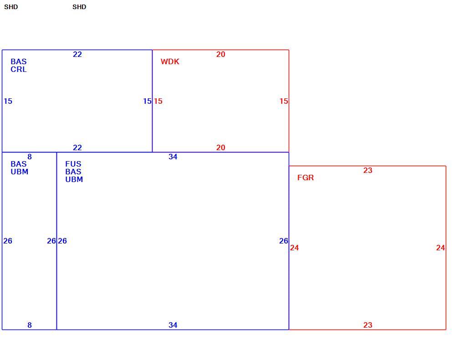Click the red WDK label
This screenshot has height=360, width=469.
[170, 61]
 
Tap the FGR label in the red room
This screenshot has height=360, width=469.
[306, 177]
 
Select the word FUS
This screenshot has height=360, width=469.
[73, 164]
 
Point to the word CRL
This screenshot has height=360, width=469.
[19, 69]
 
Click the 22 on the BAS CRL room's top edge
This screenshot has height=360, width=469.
[77, 55]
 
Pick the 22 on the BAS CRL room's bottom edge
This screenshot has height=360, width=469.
[77, 148]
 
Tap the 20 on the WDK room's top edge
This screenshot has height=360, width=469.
[221, 55]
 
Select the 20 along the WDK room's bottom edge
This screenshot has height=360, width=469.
[221, 148]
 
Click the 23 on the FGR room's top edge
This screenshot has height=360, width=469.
[367, 170]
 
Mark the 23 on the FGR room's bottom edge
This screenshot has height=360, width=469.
[367, 325]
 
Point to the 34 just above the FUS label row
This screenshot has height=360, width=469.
[173, 157]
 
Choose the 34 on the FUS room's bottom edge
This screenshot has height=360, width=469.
[173, 325]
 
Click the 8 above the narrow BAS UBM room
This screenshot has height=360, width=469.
[30, 157]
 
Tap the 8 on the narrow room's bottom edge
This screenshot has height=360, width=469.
[30, 325]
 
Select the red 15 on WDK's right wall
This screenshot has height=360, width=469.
[284, 101]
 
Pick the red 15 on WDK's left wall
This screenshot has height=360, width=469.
[158, 101]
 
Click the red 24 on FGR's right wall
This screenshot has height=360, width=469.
[441, 248]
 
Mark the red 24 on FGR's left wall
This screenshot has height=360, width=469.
[294, 248]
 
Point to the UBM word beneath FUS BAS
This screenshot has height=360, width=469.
[74, 179]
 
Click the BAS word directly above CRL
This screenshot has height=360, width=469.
[19, 61]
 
